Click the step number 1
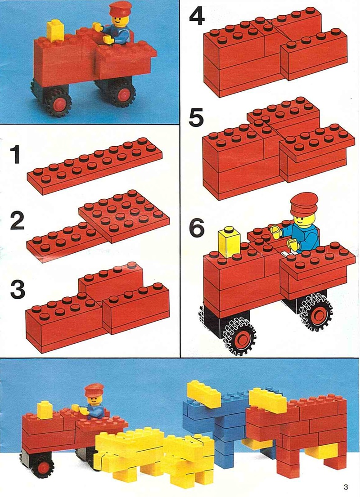point(16,154)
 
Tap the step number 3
point(18,291)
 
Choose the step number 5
point(196,117)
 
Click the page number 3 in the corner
point(346,487)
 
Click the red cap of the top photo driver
point(120,9)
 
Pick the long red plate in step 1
point(94,166)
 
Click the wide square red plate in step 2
point(124,216)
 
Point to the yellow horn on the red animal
point(269,400)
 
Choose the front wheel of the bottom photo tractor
point(42,466)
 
